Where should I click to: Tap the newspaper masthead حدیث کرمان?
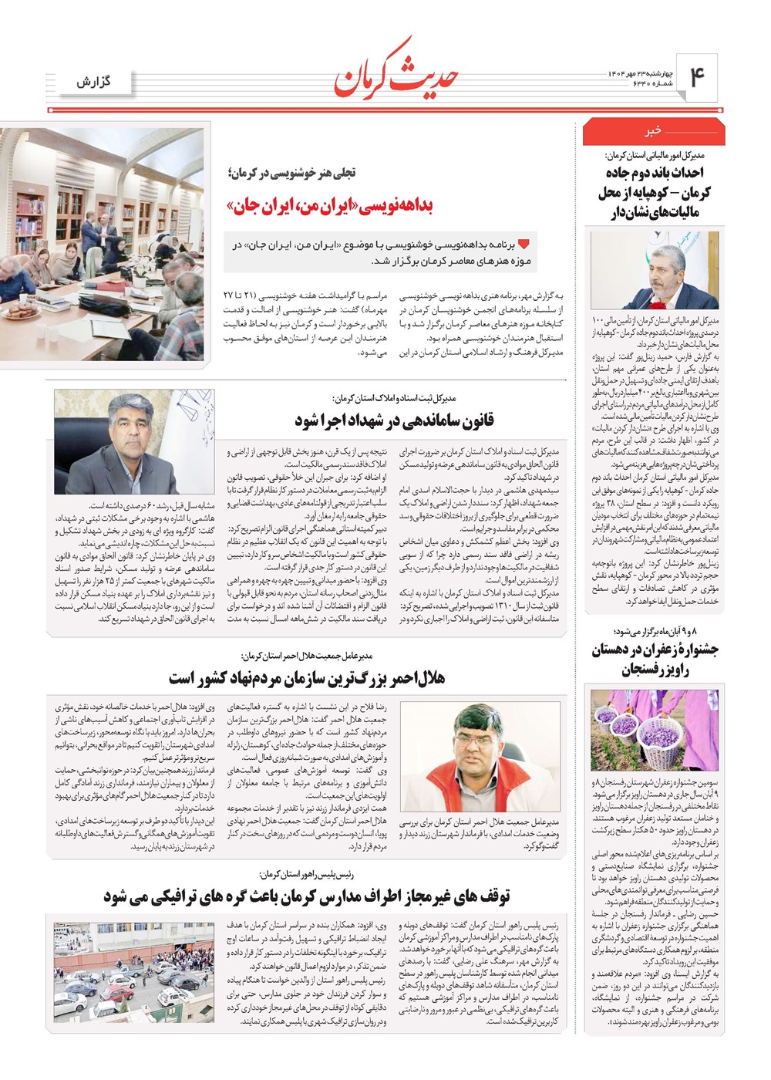397,73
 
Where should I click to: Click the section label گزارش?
93,82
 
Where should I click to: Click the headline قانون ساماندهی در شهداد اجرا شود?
394,420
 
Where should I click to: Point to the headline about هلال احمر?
307,678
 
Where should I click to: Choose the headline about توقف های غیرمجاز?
307,896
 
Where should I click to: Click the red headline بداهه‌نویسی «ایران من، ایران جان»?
330,206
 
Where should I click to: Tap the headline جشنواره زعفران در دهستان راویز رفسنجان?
655,660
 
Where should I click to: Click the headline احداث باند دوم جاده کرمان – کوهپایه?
655,192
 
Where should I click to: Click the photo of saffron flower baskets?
654,731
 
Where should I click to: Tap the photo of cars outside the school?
134,972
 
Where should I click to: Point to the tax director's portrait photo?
654,271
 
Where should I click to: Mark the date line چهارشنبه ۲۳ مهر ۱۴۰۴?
636,73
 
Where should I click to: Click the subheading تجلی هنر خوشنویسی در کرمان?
291,173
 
